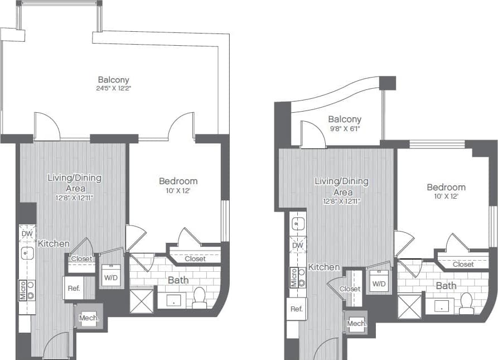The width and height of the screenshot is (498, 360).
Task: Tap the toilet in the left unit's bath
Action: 199,298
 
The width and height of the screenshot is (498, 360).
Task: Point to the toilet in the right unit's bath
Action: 466,303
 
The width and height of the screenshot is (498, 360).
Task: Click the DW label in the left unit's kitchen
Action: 27,234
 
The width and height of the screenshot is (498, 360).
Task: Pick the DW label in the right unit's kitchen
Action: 298,245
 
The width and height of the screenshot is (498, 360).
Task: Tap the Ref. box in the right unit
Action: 297,309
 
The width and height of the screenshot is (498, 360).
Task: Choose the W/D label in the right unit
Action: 379,284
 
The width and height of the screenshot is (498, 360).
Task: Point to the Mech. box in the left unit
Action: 89,318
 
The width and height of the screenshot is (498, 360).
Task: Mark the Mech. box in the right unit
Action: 356,324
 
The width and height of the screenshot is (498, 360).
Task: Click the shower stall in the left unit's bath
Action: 141,300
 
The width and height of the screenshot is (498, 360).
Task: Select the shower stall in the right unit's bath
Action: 409,306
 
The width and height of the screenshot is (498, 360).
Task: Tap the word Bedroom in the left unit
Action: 178,181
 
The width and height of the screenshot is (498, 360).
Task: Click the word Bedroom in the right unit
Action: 446,188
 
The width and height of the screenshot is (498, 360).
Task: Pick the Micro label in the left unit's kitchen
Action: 23,290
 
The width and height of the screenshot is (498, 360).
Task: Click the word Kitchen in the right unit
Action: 324,267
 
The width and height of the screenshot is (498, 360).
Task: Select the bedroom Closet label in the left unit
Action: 195,258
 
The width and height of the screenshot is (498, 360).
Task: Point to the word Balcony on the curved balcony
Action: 344,119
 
